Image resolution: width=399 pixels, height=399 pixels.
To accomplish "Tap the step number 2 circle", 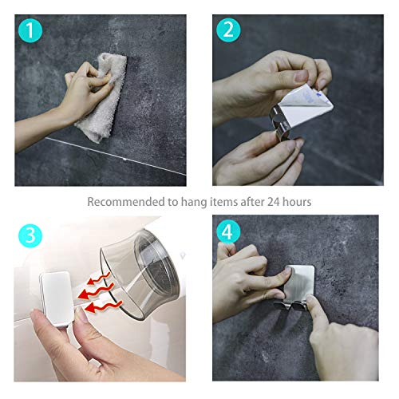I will pos(227,30).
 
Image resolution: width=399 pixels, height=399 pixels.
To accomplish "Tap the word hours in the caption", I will pos(294,203).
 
